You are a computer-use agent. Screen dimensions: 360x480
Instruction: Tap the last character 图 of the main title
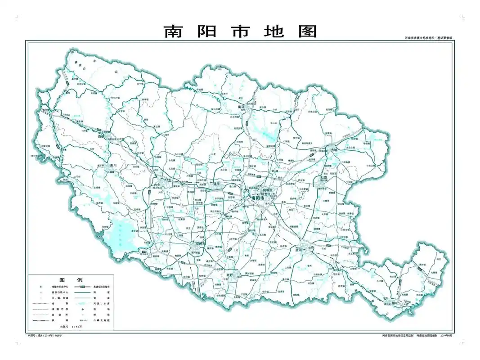(x=307, y=31)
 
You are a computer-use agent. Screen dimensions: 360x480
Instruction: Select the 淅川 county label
(x=113, y=165)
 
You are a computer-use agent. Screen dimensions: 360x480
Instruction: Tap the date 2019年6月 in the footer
(x=449, y=335)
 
